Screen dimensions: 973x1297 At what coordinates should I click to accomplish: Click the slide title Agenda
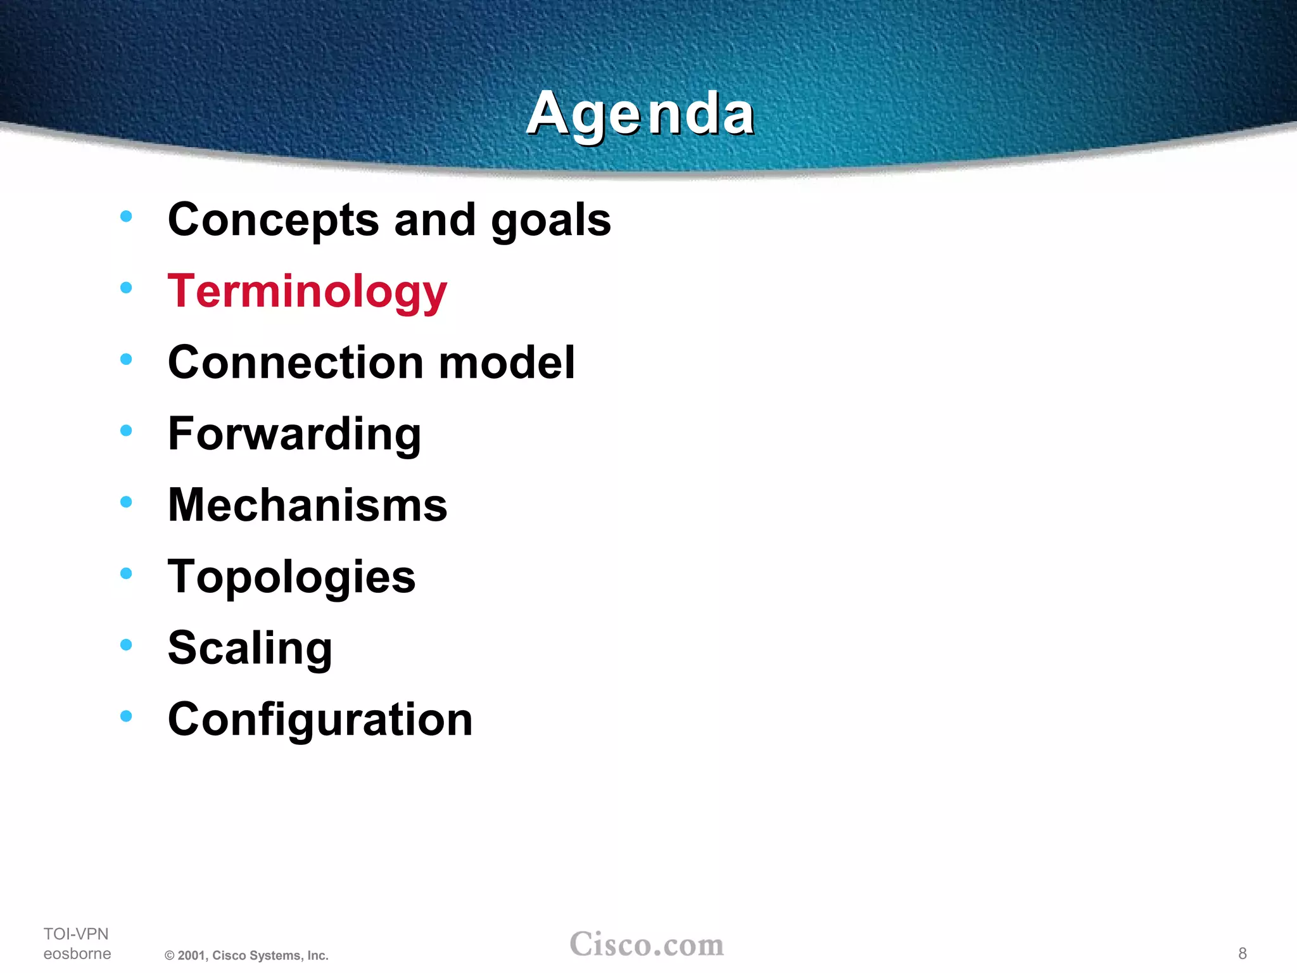(x=640, y=114)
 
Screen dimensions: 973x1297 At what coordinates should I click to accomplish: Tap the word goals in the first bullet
(x=551, y=222)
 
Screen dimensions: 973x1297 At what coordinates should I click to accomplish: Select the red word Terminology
(x=307, y=292)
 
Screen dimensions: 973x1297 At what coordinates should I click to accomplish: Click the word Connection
(x=296, y=362)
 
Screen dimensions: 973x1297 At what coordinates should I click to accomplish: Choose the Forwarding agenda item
(x=294, y=435)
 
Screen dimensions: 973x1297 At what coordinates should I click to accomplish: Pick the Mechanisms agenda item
(x=307, y=506)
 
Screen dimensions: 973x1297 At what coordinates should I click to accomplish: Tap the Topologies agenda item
(x=291, y=578)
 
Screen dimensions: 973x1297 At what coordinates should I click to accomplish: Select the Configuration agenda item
(x=320, y=720)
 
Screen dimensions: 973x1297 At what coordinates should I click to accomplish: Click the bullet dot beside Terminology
(x=126, y=288)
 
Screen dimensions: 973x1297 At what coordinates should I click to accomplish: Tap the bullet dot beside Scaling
(x=126, y=645)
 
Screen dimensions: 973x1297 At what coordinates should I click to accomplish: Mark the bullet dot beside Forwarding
(x=126, y=431)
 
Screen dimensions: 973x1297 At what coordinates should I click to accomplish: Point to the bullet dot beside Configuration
(x=126, y=716)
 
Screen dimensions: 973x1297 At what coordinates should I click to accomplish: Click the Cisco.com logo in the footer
(x=647, y=944)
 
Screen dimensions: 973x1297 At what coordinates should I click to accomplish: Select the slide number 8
(x=1243, y=953)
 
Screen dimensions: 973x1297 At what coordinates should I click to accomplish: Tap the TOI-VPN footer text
(x=76, y=934)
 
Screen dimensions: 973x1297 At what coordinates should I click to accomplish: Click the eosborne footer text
(x=77, y=953)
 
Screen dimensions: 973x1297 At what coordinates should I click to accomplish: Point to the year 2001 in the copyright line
(x=191, y=956)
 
